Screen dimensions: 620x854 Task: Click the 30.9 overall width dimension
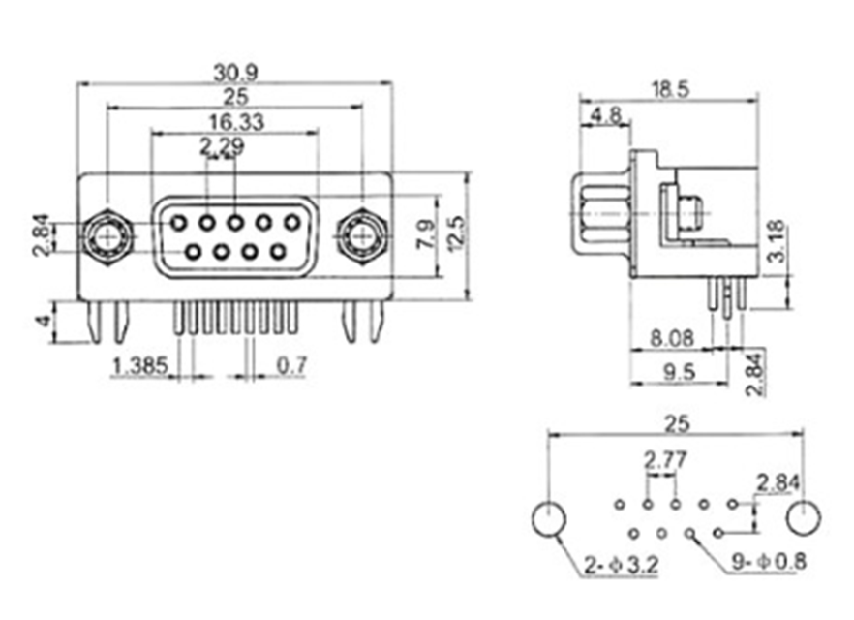pyautogui.click(x=235, y=74)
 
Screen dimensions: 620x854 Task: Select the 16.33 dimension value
pyautogui.click(x=235, y=122)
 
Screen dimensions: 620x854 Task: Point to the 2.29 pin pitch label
pyautogui.click(x=221, y=147)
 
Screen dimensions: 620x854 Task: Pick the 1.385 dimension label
pyautogui.click(x=141, y=366)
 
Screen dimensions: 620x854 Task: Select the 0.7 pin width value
pyautogui.click(x=291, y=366)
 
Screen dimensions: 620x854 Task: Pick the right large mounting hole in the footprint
pyautogui.click(x=804, y=518)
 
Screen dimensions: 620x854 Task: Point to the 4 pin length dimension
pyautogui.click(x=42, y=322)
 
